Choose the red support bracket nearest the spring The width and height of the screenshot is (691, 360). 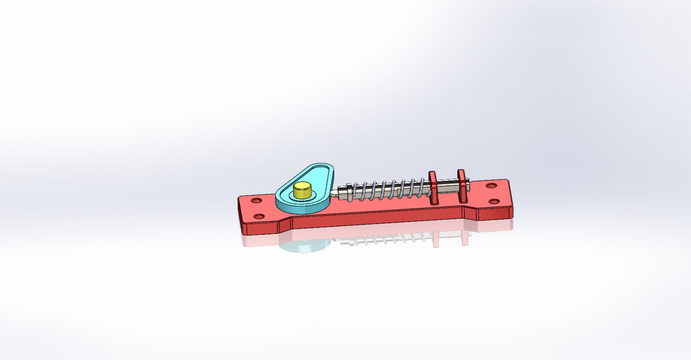click(x=433, y=187)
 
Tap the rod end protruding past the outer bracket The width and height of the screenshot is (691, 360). click(x=468, y=189)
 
